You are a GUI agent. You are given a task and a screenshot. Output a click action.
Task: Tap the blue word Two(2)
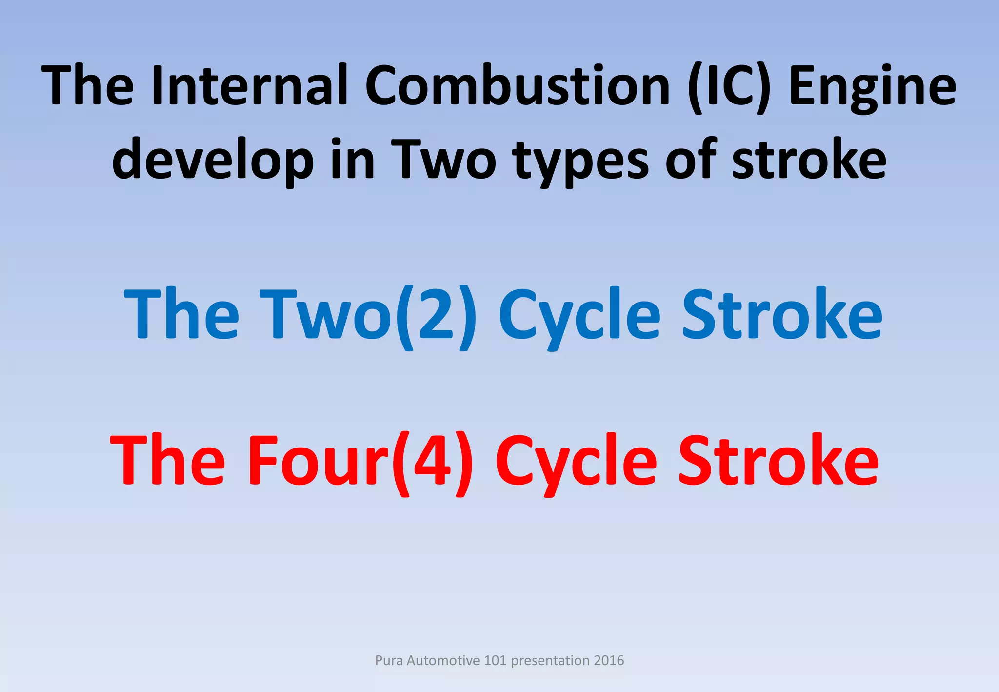click(x=368, y=315)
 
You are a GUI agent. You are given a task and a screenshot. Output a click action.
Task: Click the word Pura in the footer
click(x=388, y=660)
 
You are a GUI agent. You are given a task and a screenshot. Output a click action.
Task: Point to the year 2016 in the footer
click(x=609, y=660)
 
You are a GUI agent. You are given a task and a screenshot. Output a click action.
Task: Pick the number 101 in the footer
click(x=495, y=660)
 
